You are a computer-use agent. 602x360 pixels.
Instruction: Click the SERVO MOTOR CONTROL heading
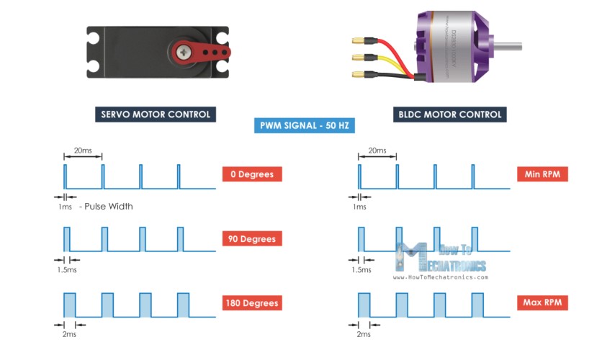[156, 114]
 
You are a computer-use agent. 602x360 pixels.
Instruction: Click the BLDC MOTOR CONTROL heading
[450, 114]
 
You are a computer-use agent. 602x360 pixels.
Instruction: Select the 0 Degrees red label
[251, 174]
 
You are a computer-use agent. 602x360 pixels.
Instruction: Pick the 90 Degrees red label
[251, 238]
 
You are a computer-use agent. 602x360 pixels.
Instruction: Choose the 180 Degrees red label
[251, 303]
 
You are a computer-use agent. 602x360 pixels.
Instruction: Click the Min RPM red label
[542, 174]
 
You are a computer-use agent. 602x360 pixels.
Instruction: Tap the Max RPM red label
[542, 303]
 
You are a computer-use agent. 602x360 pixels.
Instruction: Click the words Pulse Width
[109, 206]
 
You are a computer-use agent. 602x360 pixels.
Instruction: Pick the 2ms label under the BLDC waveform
[364, 334]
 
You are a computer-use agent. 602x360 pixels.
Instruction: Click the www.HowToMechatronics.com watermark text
[441, 276]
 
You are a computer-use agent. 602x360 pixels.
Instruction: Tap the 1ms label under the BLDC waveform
[359, 207]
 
